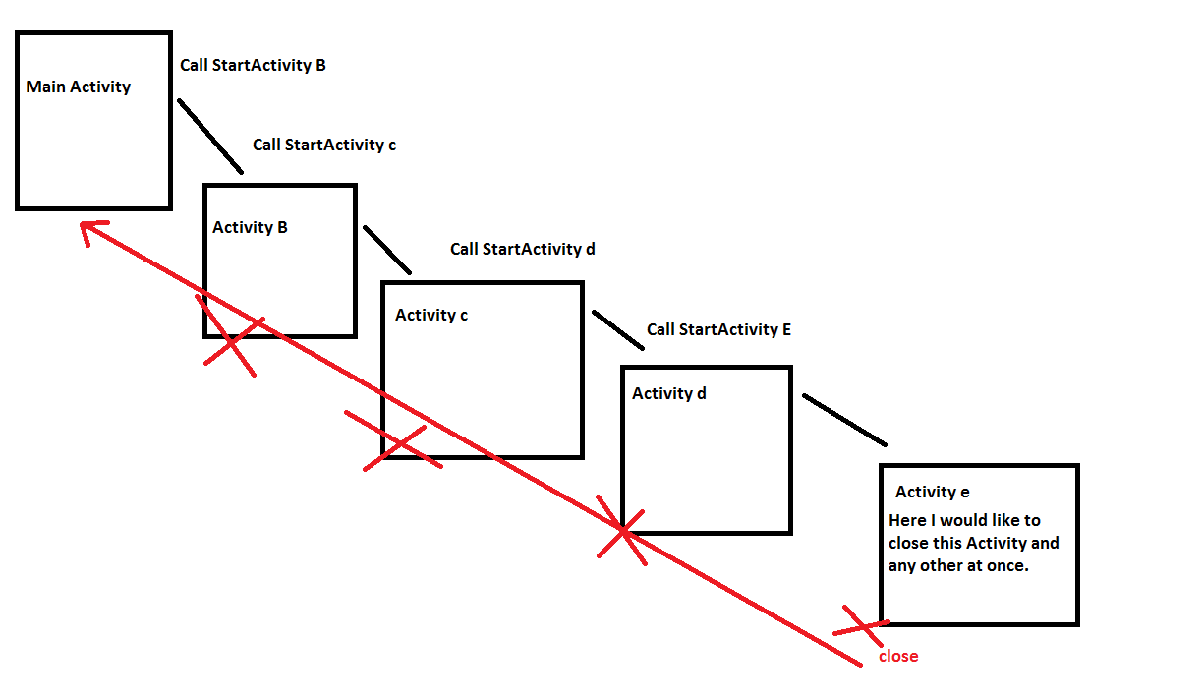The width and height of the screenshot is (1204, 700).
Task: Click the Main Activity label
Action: (78, 87)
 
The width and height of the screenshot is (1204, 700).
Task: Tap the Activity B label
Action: (250, 227)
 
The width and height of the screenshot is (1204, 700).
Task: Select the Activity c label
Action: (430, 315)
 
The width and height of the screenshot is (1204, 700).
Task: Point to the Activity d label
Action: (668, 393)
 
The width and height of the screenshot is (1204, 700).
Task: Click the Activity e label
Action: (933, 492)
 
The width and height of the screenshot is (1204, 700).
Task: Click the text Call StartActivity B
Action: (253, 66)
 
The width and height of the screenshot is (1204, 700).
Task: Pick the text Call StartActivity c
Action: (324, 145)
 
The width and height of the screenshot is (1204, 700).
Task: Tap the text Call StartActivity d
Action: (523, 249)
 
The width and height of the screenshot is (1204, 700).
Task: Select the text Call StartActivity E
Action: (718, 329)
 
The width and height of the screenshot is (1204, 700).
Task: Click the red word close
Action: (898, 656)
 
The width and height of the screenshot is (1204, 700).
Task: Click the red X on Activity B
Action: (231, 337)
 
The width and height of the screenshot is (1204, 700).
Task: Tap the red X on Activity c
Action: (398, 442)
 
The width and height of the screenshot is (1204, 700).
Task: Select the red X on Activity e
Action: (859, 625)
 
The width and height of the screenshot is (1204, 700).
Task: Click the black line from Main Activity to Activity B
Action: (209, 136)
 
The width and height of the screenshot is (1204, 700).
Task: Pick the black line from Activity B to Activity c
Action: (387, 250)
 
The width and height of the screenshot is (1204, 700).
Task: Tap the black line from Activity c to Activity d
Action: (617, 330)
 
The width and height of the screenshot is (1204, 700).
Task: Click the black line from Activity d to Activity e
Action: (844, 420)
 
